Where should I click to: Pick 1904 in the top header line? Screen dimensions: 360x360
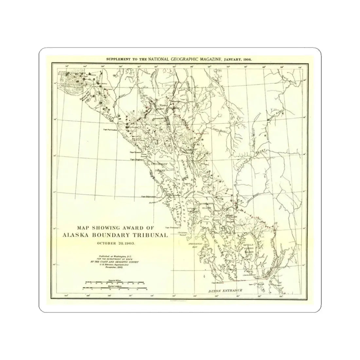click(250, 60)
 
